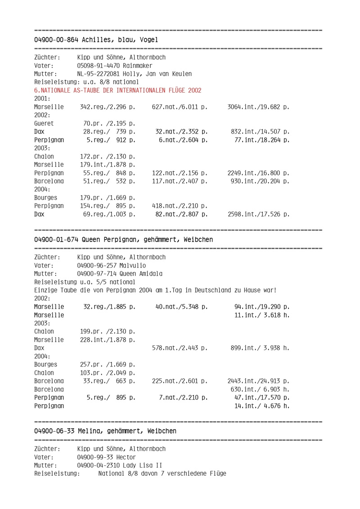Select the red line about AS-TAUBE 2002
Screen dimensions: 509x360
[118, 90]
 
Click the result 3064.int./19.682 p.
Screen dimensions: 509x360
[258, 107]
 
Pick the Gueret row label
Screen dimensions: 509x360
[44, 123]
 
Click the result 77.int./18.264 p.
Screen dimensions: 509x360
[262, 140]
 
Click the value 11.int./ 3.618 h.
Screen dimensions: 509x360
[262, 315]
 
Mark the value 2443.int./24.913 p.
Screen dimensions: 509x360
[258, 381]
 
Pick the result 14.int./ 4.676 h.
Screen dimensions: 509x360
[262, 406]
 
